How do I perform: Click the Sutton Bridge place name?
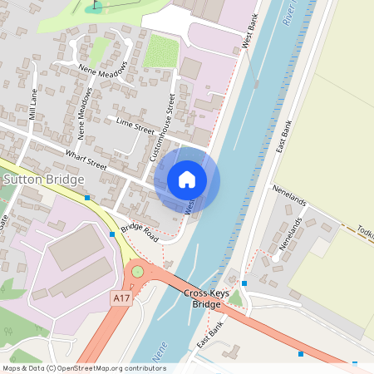(x=43, y=180)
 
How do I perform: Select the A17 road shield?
(x=121, y=297)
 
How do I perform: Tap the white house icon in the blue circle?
(x=187, y=180)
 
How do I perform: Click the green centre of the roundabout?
(x=138, y=272)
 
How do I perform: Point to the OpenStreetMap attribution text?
(x=83, y=368)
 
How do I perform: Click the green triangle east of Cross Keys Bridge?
(x=237, y=297)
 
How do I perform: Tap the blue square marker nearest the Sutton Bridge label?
(x=87, y=198)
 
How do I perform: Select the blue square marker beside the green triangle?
(x=244, y=283)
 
